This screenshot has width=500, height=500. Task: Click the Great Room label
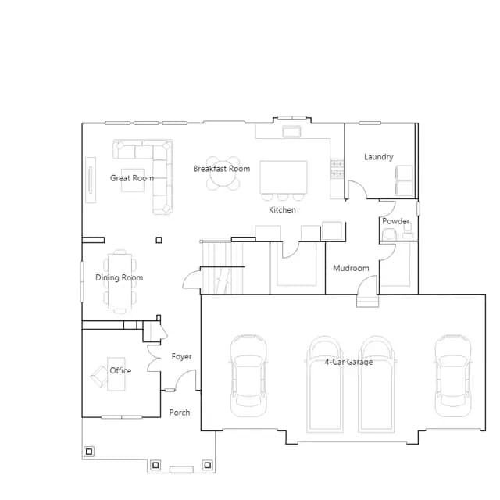click(132, 178)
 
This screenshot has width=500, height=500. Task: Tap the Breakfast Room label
click(222, 169)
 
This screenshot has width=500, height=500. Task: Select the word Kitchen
click(282, 210)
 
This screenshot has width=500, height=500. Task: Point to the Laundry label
click(379, 157)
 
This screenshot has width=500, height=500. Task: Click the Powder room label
click(396, 221)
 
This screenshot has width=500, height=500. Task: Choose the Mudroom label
click(351, 268)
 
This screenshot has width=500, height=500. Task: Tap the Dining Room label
click(120, 277)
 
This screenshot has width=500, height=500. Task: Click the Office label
click(120, 370)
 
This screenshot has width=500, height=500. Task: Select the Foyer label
click(181, 356)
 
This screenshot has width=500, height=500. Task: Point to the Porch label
click(180, 412)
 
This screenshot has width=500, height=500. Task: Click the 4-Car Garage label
click(349, 362)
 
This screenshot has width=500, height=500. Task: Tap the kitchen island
click(284, 177)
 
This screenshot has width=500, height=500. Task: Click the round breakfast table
click(223, 173)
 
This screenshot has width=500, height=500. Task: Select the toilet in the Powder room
click(389, 234)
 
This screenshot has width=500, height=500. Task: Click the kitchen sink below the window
click(291, 131)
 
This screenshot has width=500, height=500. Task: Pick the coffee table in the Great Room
click(133, 180)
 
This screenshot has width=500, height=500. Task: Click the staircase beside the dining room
click(222, 267)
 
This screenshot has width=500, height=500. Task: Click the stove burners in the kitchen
click(337, 169)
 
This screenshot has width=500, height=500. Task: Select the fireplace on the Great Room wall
click(91, 180)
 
